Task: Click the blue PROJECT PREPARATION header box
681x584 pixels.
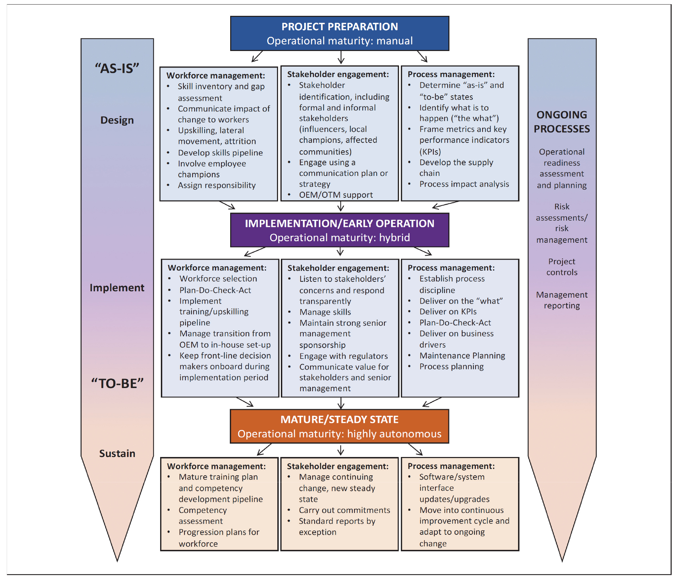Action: coord(340,33)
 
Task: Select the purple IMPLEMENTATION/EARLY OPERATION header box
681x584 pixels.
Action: coord(340,230)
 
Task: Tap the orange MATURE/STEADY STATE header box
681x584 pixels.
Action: coord(340,426)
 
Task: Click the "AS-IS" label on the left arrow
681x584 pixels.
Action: coord(117,68)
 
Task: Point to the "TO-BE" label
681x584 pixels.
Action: coord(117,383)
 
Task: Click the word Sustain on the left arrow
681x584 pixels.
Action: coord(117,453)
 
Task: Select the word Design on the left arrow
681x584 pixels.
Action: coord(117,120)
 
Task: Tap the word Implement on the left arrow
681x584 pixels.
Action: coord(117,288)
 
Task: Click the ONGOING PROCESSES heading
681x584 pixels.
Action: coord(562,122)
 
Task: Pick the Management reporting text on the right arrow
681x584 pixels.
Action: coord(562,300)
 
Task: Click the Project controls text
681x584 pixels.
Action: coord(562,267)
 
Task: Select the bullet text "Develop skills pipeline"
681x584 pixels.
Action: coord(220,153)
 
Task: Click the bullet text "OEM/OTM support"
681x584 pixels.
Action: coord(336,195)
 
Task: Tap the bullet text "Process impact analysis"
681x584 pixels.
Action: coord(464,184)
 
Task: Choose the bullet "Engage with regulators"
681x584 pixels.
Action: coord(343,356)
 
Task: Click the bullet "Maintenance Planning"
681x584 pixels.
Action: coord(462,356)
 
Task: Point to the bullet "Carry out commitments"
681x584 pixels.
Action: coord(345,510)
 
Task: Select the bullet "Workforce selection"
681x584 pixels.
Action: coord(218,279)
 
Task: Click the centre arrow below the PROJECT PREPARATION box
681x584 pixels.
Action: coord(341,57)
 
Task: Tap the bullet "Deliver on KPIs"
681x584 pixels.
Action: coord(448,312)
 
